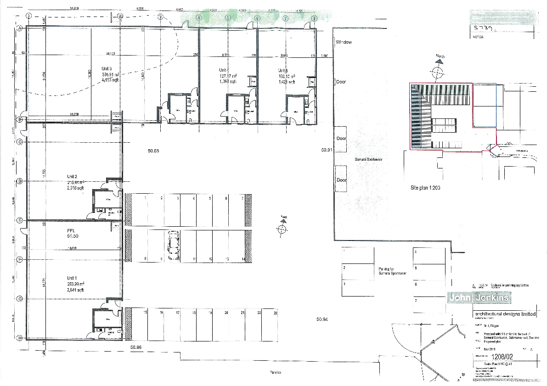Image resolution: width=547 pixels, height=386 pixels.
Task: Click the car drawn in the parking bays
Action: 174,245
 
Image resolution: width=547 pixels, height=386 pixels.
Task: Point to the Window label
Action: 344,42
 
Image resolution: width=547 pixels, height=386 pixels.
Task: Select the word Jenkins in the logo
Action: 494,298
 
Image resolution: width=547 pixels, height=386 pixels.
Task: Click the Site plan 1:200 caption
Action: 425,188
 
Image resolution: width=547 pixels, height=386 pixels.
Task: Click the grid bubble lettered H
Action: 20,338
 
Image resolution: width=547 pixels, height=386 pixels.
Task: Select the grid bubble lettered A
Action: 20,28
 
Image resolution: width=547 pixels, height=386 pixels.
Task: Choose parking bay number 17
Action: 178,313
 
